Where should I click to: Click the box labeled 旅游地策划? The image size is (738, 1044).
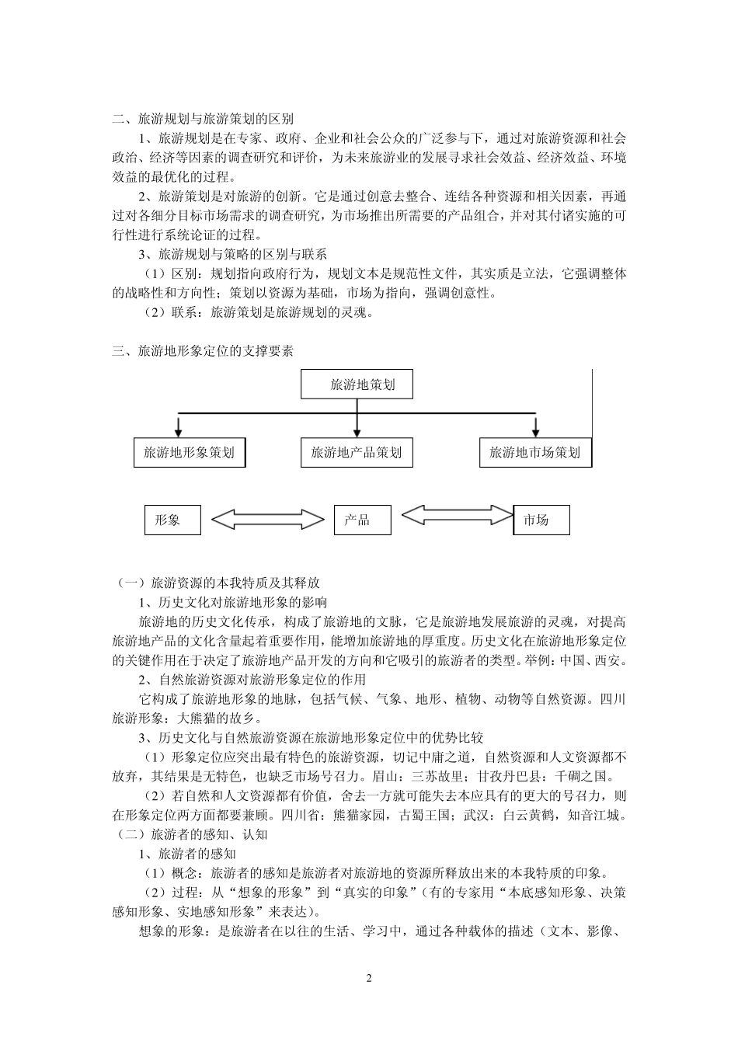pyautogui.click(x=357, y=385)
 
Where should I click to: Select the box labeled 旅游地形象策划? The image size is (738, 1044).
pyautogui.click(x=189, y=452)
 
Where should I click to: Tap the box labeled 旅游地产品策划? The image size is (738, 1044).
pyautogui.click(x=357, y=452)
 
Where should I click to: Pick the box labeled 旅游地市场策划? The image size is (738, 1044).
pyautogui.click(x=534, y=452)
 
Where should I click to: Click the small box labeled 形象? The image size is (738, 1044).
pyautogui.click(x=172, y=520)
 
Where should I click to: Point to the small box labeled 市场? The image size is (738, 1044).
pyautogui.click(x=541, y=520)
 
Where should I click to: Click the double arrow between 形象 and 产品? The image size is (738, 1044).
pyautogui.click(x=268, y=520)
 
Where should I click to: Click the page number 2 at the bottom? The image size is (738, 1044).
pyautogui.click(x=369, y=978)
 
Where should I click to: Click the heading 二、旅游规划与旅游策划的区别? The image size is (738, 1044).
pyautogui.click(x=203, y=120)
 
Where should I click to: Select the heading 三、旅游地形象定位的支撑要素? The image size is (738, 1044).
pyautogui.click(x=203, y=351)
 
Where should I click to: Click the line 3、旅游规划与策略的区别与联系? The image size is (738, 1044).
pyautogui.click(x=232, y=254)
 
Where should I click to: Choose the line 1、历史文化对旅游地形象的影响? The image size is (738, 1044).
pyautogui.click(x=232, y=602)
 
